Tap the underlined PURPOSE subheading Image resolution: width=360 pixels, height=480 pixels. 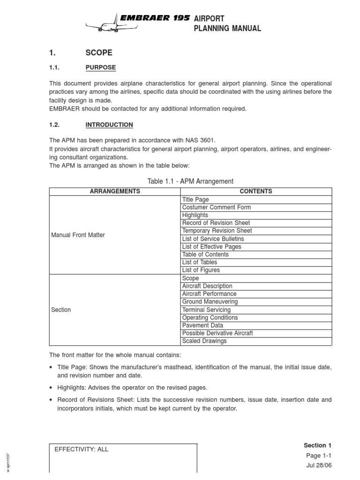coord(100,67)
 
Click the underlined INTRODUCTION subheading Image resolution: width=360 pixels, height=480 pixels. coord(109,125)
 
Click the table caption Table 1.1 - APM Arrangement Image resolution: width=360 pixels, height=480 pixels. coord(190,181)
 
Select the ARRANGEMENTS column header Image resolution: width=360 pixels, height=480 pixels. coord(115,191)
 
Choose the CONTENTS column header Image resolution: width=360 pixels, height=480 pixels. coord(255,191)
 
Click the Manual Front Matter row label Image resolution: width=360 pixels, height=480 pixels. coord(78,235)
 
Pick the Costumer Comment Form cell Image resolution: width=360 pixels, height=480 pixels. coord(216,207)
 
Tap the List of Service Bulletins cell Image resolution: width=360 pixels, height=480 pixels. coord(213,239)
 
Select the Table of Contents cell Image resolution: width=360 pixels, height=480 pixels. coord(205,255)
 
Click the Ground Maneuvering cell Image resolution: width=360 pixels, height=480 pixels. coord(210,302)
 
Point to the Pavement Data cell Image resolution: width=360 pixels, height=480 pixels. coord(202,325)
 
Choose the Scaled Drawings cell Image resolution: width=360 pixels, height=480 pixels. coord(204,341)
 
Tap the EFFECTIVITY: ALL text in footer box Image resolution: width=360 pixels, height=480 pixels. coord(82,449)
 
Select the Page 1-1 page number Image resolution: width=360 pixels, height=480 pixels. coord(321,456)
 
